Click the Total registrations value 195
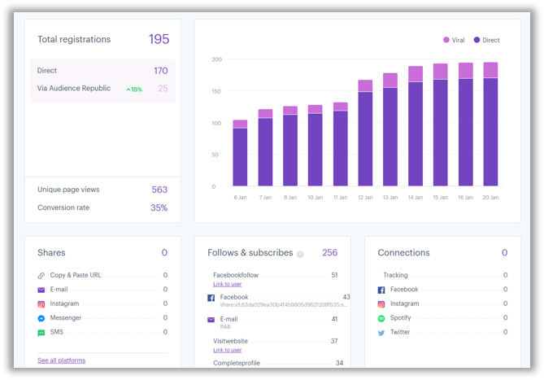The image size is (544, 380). [159, 39]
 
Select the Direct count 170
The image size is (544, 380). [160, 71]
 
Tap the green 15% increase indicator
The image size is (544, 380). [134, 89]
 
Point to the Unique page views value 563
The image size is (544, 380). [159, 190]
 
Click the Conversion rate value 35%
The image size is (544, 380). [159, 207]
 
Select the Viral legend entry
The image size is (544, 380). [454, 40]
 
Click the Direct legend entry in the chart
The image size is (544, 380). [487, 40]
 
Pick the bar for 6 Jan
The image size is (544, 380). [240, 155]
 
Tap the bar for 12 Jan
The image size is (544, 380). [365, 138]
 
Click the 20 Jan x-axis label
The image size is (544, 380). [490, 197]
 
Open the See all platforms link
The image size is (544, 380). [61, 360]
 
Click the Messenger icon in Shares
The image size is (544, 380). [41, 318]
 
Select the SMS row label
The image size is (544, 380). [57, 332]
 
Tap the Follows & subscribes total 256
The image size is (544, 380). [329, 253]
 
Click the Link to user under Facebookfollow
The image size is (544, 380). [228, 284]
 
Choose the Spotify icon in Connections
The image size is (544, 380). [381, 318]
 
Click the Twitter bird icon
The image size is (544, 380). [381, 332]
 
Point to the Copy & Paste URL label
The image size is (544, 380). [76, 275]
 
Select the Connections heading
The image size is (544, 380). [403, 253]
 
